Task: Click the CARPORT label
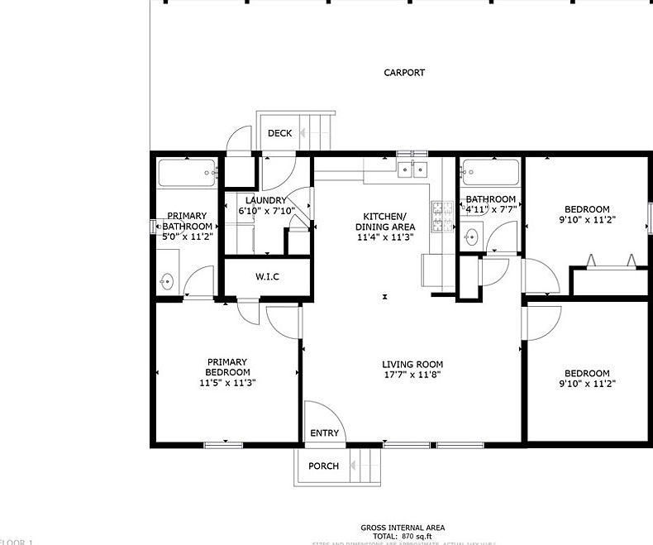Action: (x=404, y=73)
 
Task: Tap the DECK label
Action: (x=279, y=133)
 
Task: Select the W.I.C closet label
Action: (x=267, y=276)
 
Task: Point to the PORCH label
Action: (x=323, y=466)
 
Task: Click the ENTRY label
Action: (x=324, y=433)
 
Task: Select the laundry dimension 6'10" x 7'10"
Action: (x=262, y=212)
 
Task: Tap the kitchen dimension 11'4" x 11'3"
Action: (x=385, y=237)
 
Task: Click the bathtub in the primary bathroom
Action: (x=187, y=174)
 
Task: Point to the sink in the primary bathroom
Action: (x=167, y=281)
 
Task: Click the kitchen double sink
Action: (x=412, y=170)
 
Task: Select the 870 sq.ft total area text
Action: (x=403, y=537)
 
